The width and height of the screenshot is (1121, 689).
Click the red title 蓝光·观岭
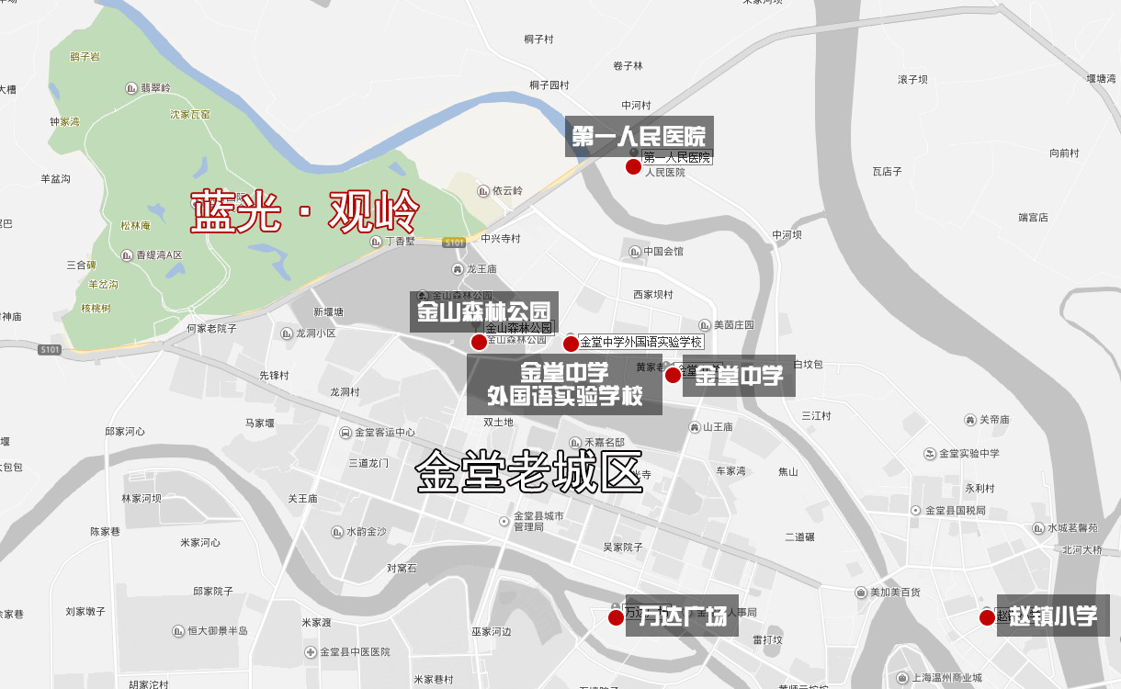305,212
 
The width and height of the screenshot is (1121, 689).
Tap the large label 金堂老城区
529,472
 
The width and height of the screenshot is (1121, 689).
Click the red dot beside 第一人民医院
633,166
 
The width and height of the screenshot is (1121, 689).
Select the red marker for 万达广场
616,617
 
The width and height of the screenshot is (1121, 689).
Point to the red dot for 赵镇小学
987,617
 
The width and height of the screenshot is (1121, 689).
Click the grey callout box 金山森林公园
483,311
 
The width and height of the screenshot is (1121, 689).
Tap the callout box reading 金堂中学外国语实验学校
564,385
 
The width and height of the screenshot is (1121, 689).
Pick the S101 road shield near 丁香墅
454,243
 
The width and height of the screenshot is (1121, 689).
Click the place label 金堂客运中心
383,432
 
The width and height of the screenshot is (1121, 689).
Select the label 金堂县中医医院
355,651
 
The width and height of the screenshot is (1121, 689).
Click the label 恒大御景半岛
217,630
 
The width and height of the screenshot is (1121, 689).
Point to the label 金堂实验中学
968,454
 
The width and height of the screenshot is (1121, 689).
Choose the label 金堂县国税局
955,510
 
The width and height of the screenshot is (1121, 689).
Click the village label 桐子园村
549,85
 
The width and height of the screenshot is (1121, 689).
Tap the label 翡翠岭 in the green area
155,88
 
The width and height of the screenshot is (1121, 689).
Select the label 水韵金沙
366,532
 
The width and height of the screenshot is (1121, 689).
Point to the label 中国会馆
662,251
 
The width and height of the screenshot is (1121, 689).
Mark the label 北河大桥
1081,550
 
